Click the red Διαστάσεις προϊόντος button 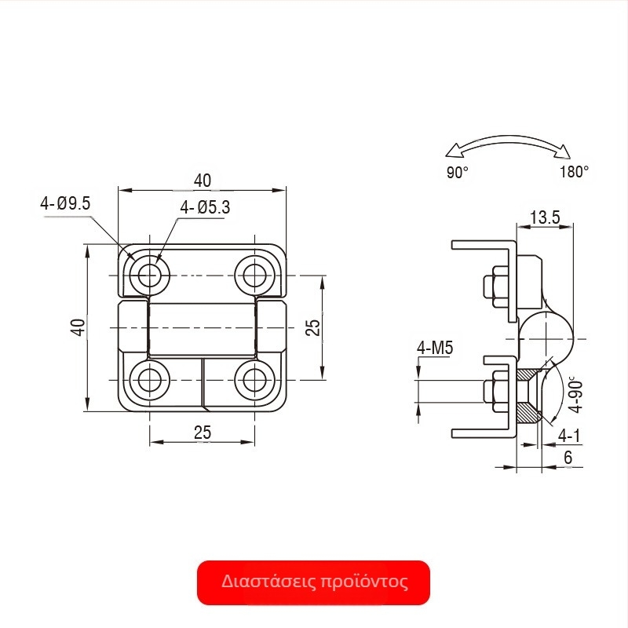[313, 582]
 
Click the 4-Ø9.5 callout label [65, 203]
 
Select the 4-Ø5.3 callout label [205, 207]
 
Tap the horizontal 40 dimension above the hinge [203, 181]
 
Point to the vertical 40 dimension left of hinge [78, 327]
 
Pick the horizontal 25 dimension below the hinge [203, 433]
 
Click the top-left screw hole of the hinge [149, 276]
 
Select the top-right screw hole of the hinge [254, 276]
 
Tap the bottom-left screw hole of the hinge [149, 380]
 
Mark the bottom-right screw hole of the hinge [254, 380]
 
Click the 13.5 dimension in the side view [545, 217]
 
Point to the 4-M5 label [435, 348]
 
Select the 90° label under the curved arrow [458, 173]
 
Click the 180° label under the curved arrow [575, 172]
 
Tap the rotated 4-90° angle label [576, 395]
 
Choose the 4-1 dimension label [569, 436]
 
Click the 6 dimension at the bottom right [568, 458]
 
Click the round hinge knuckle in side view [546, 339]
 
